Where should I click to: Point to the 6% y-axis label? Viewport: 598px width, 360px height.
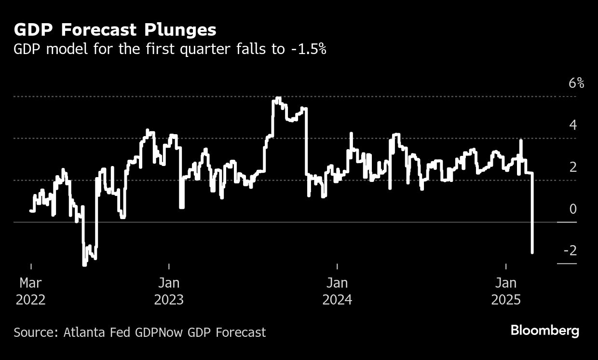[x=576, y=83]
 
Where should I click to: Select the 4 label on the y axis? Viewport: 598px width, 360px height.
[x=573, y=125]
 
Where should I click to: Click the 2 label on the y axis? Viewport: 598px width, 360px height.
[x=573, y=167]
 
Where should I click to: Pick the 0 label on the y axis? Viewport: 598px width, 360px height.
[x=573, y=209]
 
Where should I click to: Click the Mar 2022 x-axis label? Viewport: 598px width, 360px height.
[x=31, y=291]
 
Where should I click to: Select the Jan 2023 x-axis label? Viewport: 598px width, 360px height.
[x=169, y=291]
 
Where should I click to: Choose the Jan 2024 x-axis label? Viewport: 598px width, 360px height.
[x=337, y=291]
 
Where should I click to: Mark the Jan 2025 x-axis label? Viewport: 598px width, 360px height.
[x=506, y=291]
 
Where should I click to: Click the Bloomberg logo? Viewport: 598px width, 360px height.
[x=545, y=331]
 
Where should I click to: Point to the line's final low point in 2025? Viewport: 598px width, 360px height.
[x=532, y=252]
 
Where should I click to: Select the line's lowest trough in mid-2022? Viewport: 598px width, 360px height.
[x=84, y=264]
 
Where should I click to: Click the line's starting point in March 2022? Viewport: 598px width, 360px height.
[x=31, y=210]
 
